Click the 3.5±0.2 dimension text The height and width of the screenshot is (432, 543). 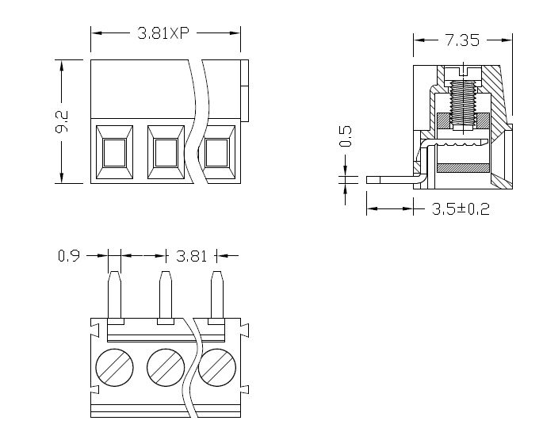pos(461,210)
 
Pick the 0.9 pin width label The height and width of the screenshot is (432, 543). pos(68,256)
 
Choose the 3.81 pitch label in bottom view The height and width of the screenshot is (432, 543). pos(191,256)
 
